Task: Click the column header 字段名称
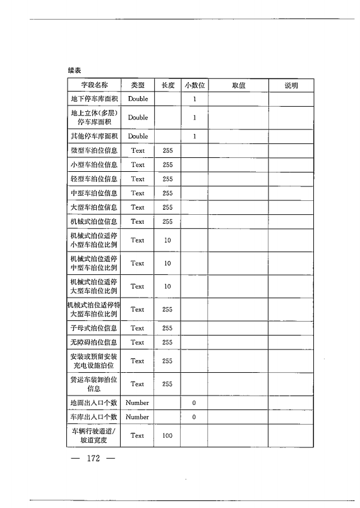click(94, 85)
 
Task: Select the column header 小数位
click(195, 85)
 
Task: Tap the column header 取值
click(239, 85)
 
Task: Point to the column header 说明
click(291, 85)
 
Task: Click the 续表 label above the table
click(75, 70)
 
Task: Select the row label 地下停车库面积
click(94, 99)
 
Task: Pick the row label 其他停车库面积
click(94, 136)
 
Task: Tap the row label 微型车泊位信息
click(94, 150)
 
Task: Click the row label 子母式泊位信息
click(94, 329)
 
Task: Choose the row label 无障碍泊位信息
click(94, 342)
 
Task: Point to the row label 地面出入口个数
click(94, 402)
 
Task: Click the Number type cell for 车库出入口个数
click(138, 417)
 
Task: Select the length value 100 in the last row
click(167, 436)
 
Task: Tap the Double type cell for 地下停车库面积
click(138, 99)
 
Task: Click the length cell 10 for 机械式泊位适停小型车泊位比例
click(167, 241)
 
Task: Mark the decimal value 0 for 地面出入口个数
click(195, 402)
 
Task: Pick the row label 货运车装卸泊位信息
click(94, 384)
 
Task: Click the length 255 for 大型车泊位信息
click(167, 207)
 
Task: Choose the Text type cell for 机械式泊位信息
click(138, 222)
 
